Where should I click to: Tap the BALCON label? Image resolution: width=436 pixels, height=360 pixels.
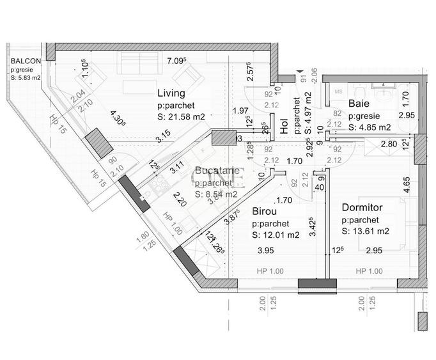pos(26,62)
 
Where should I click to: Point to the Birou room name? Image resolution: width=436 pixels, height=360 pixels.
pos(265,210)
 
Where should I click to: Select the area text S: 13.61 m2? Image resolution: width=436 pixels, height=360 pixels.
pos(366,231)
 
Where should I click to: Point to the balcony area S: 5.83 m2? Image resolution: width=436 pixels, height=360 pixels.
pos(26,78)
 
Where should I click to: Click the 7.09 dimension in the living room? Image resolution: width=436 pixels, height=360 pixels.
pos(176,61)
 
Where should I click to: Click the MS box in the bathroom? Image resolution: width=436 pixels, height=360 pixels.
pos(338,91)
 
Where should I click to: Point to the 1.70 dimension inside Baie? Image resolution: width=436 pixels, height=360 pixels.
pos(405,99)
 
